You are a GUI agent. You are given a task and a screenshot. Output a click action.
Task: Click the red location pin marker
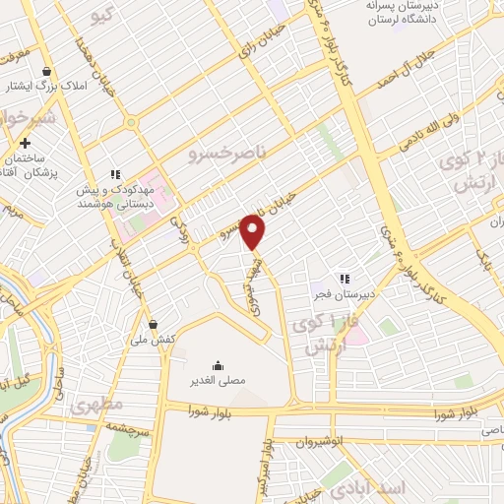pyautogui.click(x=254, y=232)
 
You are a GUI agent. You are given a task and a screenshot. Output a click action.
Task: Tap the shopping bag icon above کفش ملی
pyautogui.click(x=153, y=324)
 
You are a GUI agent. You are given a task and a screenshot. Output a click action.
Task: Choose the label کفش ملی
pyautogui.click(x=152, y=339)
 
